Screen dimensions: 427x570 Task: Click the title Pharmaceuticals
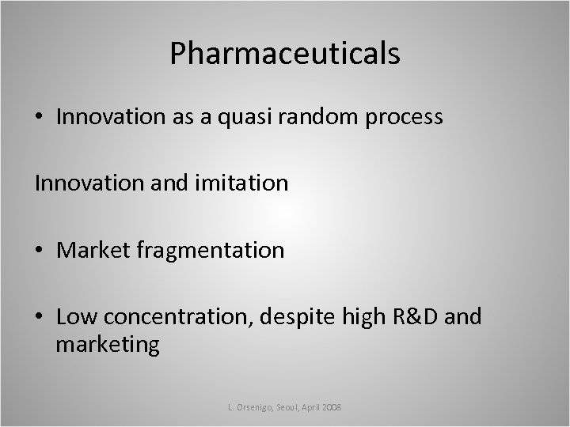coord(284,54)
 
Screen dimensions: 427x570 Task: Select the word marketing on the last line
coord(108,346)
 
